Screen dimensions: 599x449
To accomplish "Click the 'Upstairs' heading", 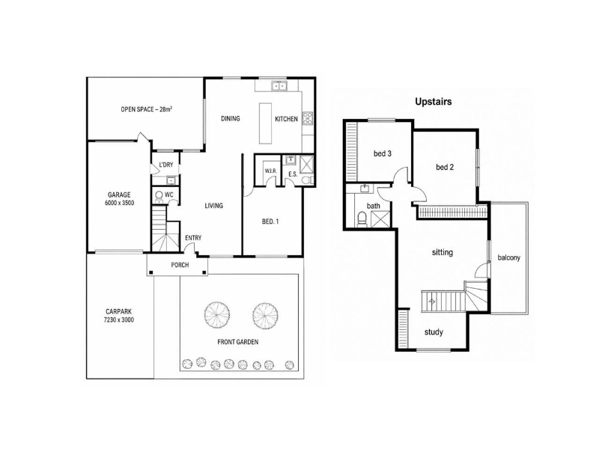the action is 434,102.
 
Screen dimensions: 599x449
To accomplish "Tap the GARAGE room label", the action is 119,195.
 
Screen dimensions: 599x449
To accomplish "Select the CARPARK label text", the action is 119,311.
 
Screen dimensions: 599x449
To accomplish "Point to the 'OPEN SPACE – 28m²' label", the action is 146,109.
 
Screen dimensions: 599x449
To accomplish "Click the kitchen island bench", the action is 266,123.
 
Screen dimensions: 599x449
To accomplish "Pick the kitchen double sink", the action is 279,86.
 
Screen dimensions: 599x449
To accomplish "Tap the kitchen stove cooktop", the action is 308,118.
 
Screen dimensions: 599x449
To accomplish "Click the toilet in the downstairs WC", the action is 159,195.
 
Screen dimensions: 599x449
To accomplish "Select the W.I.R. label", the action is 271,171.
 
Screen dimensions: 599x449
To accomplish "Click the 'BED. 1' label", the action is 270,222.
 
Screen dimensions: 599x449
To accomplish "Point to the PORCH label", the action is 180,265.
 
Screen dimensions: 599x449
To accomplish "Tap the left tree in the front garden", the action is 217,314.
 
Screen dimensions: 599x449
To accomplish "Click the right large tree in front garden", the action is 265,315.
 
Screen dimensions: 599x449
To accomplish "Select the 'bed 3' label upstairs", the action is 383,153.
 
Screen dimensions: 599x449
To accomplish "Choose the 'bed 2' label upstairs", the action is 445,167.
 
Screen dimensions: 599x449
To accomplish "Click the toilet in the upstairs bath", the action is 362,219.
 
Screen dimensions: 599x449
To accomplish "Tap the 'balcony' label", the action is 509,257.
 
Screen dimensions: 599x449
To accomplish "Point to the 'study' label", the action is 434,332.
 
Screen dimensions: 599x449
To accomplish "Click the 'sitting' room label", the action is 443,252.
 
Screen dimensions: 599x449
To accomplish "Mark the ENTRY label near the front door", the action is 193,238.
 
